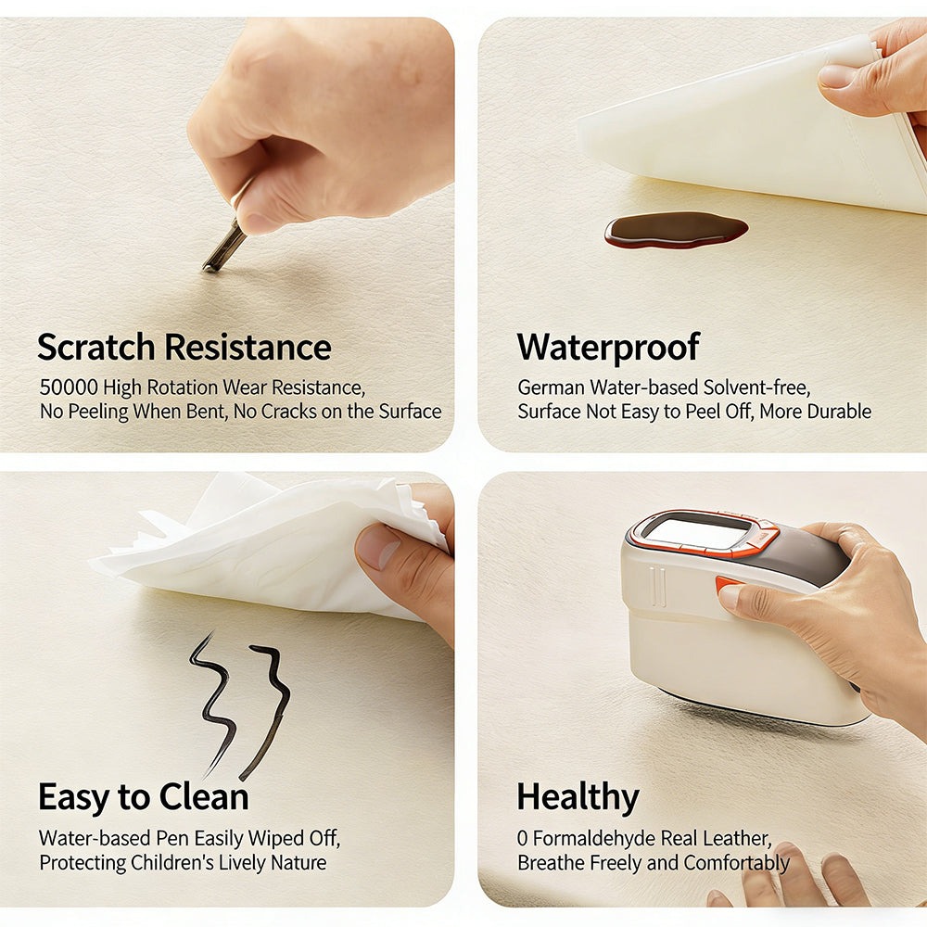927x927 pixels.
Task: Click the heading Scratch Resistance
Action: click(x=184, y=347)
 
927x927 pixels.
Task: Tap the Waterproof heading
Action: click(x=608, y=348)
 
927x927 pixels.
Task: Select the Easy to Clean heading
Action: click(x=144, y=797)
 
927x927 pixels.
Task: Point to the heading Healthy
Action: click(x=578, y=797)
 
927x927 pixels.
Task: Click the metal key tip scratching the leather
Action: click(x=208, y=268)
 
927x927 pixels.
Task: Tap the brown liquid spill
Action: click(x=676, y=230)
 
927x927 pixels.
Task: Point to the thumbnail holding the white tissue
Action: click(x=378, y=546)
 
